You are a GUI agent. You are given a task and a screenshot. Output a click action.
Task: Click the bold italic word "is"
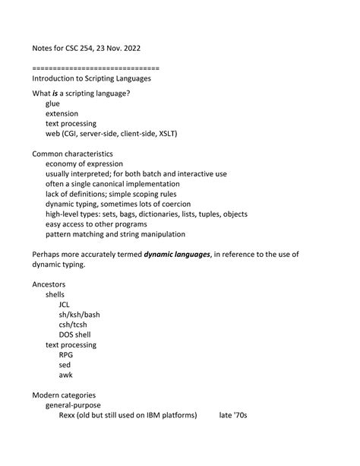[x=56, y=94]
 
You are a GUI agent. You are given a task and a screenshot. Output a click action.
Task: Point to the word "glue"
[x=52, y=103]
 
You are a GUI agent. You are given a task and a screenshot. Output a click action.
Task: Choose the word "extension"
[x=62, y=113]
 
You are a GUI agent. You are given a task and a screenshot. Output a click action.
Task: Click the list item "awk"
[x=66, y=374]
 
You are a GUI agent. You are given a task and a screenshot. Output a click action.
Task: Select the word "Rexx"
[x=68, y=414]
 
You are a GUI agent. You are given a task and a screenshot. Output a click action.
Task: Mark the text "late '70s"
[x=234, y=414]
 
